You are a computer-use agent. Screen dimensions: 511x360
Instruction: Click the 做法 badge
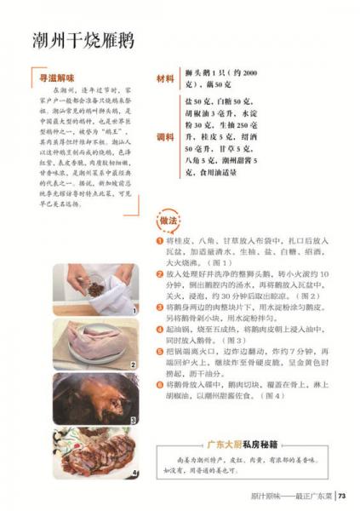point(168,221)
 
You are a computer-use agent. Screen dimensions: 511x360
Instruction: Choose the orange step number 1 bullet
point(159,241)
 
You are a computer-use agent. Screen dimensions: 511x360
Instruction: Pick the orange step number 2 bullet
point(159,274)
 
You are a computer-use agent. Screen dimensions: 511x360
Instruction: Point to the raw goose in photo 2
point(95,345)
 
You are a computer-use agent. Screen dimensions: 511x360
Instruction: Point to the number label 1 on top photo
point(134,312)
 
